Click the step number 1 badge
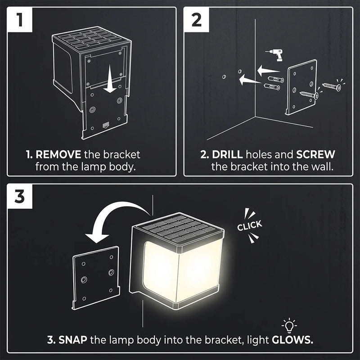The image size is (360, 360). pyautogui.click(x=20, y=20)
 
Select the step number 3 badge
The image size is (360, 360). pyautogui.click(x=20, y=197)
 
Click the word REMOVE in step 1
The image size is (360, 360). pyautogui.click(x=58, y=154)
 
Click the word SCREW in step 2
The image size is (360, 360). pyautogui.click(x=315, y=154)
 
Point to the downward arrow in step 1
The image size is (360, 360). pyautogui.click(x=108, y=84)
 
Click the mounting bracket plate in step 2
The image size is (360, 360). pyautogui.click(x=301, y=88)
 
